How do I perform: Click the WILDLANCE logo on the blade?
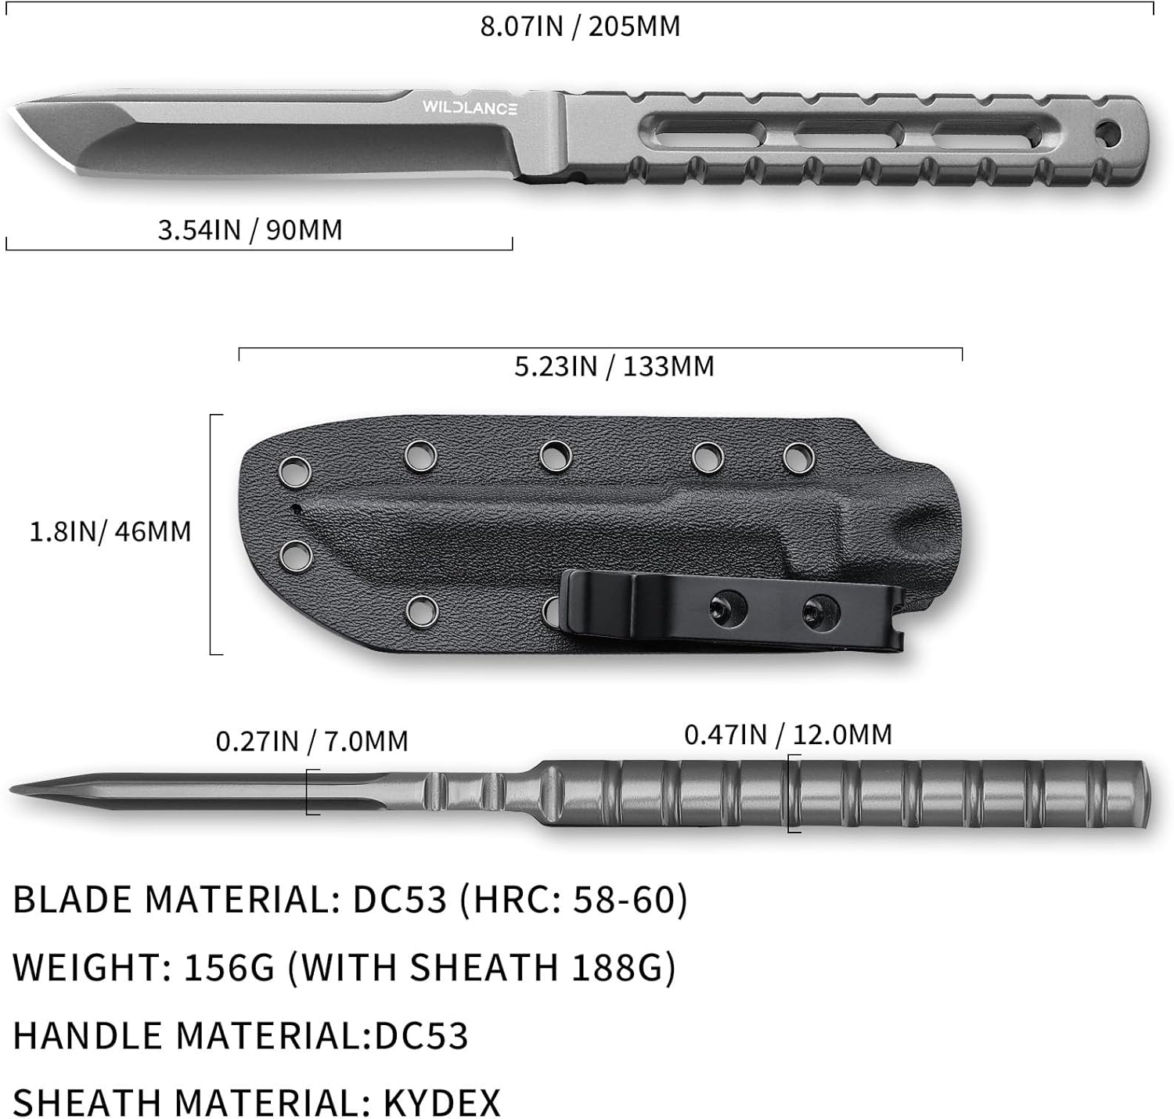(x=470, y=108)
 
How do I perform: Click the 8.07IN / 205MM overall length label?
(x=580, y=27)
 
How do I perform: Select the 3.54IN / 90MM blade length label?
(x=250, y=230)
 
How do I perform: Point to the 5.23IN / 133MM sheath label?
(x=614, y=366)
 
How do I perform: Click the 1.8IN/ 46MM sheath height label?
(x=110, y=532)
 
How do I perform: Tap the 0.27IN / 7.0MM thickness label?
(x=312, y=741)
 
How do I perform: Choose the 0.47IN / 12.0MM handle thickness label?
(x=787, y=735)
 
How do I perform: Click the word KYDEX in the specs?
(x=441, y=1103)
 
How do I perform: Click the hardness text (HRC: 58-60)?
(x=573, y=900)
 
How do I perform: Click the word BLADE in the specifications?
(x=73, y=900)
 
